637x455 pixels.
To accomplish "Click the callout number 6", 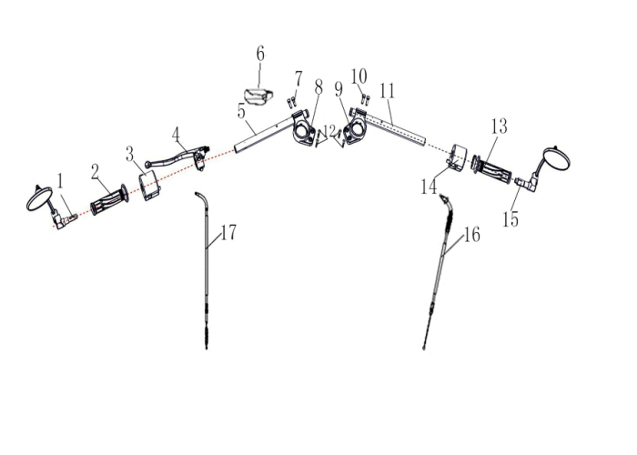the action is [x=260, y=54].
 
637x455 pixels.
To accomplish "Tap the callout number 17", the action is [x=228, y=233].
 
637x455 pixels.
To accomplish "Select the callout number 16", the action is [x=472, y=235].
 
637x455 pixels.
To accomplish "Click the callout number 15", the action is [x=511, y=219].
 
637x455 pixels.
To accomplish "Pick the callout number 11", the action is [x=387, y=91].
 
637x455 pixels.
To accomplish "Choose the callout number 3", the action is [x=129, y=155].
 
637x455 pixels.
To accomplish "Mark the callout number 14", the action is [x=429, y=187].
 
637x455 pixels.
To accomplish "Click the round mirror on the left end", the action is [x=39, y=198].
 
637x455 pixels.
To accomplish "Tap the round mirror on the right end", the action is [x=557, y=159].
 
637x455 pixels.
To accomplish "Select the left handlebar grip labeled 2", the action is [x=109, y=201].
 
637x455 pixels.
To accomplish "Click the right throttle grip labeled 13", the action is [x=492, y=171].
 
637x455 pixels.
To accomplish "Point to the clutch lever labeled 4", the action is [x=177, y=156].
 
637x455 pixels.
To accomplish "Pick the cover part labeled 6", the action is [x=258, y=96].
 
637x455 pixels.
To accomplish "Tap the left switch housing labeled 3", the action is [x=150, y=185].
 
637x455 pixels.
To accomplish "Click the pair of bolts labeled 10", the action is [x=365, y=97].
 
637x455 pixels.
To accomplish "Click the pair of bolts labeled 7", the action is [x=291, y=102].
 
